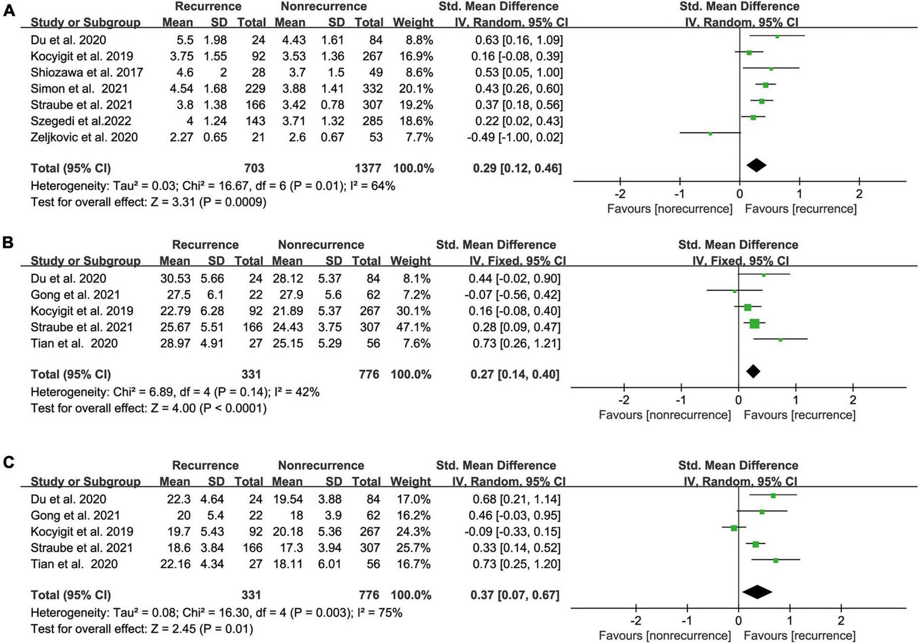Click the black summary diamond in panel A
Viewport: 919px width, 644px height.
click(x=756, y=165)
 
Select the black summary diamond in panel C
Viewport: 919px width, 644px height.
click(x=757, y=592)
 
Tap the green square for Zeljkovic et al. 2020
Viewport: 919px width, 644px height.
click(x=711, y=134)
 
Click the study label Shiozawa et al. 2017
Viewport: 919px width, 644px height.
click(x=87, y=72)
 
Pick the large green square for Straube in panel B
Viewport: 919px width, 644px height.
click(x=754, y=324)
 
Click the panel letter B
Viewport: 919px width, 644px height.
click(x=8, y=243)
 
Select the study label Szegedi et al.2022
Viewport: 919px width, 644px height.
click(x=81, y=121)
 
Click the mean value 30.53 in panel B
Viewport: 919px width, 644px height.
click(x=175, y=278)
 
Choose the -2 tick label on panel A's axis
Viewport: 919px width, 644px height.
click(x=620, y=194)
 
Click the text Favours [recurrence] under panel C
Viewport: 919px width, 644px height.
click(x=799, y=635)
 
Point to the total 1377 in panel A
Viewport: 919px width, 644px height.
click(x=368, y=168)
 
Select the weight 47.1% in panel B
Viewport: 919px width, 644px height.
click(x=413, y=327)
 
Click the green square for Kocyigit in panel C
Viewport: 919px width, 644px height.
click(x=734, y=528)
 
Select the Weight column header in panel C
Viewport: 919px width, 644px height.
click(x=410, y=482)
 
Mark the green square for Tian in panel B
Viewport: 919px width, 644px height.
click(x=780, y=340)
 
